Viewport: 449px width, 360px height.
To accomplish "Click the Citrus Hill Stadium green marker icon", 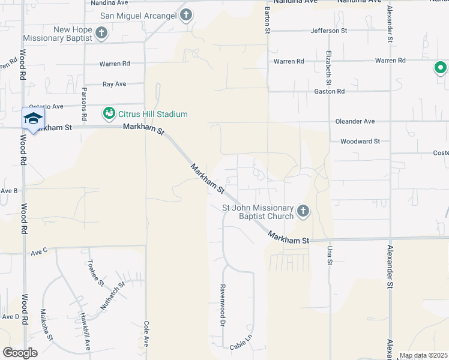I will coord(109,113).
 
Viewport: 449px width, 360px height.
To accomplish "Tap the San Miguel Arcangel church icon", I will coord(186,15).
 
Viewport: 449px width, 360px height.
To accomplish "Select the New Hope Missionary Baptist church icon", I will coord(101,33).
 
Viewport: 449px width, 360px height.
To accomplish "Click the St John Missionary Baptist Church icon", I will coord(303,211).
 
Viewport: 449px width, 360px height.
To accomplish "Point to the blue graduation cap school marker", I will coord(33,118).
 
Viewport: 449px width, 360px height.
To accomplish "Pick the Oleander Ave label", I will coord(355,121).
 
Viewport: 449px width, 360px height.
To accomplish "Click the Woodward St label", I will coord(360,142).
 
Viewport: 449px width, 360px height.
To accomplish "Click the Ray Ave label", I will coord(114,85).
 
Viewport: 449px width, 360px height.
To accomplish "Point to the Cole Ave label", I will coord(146,333).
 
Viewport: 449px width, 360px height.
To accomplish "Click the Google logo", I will coord(20,353).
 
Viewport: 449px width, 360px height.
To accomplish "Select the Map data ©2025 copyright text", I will coord(423,356).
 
